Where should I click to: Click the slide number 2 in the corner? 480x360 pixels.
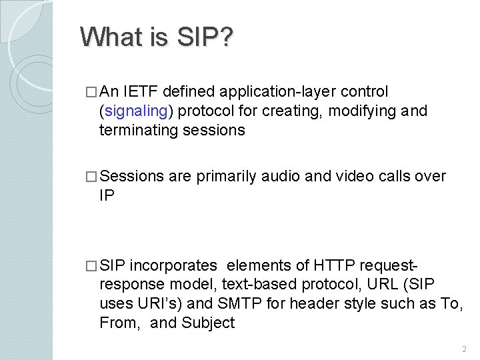point(463,349)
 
